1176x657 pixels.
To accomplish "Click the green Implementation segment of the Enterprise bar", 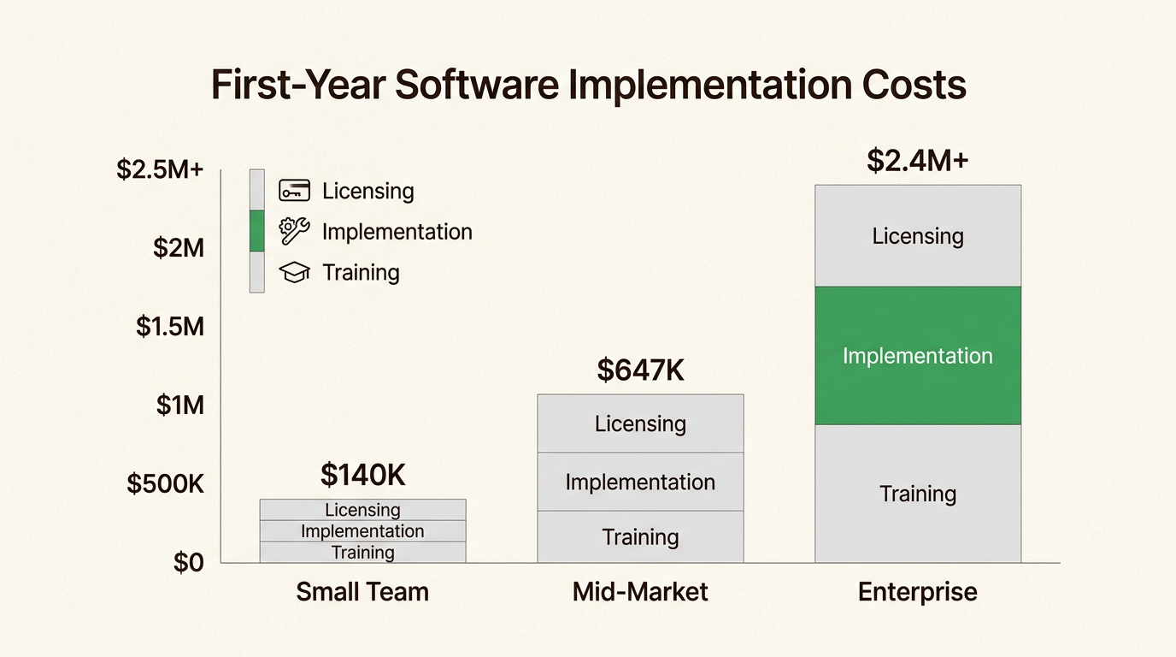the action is (x=918, y=356).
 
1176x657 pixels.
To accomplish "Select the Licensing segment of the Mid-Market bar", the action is (x=640, y=423).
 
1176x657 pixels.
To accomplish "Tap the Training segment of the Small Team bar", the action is (x=362, y=553).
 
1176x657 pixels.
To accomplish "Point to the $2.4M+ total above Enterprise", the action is (x=917, y=160).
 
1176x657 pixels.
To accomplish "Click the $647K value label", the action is (x=640, y=370).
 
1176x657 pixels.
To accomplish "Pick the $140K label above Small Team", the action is (x=362, y=475).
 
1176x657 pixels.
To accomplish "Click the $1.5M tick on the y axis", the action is (x=170, y=327).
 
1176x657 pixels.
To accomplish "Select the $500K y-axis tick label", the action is (x=166, y=483).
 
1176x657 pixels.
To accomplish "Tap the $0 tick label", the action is (x=189, y=562).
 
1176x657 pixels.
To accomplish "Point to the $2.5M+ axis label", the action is (x=160, y=169).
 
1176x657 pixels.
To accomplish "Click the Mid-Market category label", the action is (x=640, y=592).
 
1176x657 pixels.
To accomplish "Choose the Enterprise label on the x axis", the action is (x=918, y=592).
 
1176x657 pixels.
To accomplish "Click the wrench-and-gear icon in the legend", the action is (x=294, y=231).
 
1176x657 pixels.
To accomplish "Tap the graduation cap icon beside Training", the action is (x=294, y=272).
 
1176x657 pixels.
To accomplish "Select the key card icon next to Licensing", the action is (x=294, y=190).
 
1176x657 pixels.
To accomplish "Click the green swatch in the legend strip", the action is (x=256, y=231).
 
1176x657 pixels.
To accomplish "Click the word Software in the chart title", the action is (x=477, y=85).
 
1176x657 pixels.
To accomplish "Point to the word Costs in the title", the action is (x=914, y=85).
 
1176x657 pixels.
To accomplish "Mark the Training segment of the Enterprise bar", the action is (x=918, y=494).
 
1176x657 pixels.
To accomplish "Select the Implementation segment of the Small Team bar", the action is (x=362, y=531).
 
